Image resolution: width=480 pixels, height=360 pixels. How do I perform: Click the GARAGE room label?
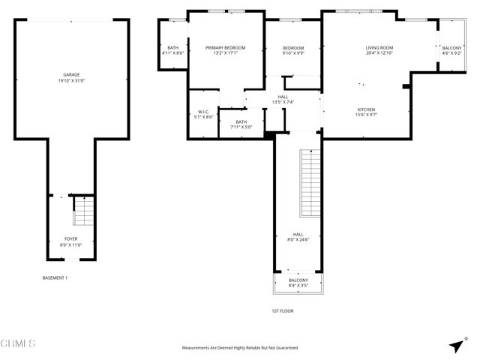click(x=71, y=74)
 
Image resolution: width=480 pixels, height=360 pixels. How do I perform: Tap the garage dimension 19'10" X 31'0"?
click(x=71, y=80)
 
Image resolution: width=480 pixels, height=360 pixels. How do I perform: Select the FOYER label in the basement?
click(x=70, y=238)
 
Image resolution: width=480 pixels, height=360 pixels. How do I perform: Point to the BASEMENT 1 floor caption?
click(x=55, y=278)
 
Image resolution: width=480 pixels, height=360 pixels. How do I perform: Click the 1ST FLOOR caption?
click(x=282, y=310)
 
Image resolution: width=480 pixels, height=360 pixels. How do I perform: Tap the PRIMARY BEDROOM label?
click(x=225, y=47)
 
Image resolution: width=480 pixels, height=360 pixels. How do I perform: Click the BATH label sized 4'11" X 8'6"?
click(x=172, y=47)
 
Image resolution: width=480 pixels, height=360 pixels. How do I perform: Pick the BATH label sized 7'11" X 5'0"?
click(x=241, y=122)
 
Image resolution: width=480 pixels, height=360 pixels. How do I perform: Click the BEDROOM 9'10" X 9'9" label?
click(x=292, y=47)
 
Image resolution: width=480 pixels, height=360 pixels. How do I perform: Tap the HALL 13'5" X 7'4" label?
click(x=283, y=97)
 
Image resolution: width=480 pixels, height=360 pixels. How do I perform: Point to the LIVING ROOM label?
click(x=379, y=47)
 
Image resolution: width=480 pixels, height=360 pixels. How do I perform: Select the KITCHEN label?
click(x=367, y=109)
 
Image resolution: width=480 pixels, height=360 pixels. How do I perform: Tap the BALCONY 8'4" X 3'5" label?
click(x=298, y=280)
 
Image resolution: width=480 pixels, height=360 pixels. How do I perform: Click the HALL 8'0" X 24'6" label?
click(x=298, y=234)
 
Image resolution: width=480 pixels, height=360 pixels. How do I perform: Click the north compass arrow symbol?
click(x=456, y=346)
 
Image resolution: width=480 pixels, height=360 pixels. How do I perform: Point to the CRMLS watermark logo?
click(x=19, y=344)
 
